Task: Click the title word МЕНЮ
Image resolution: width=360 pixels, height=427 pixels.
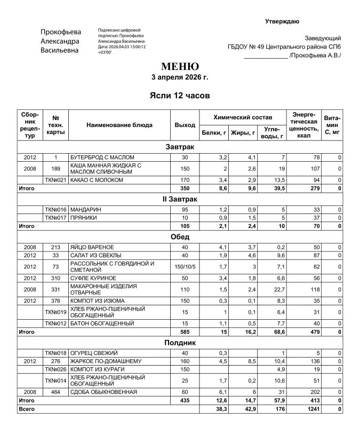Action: (180, 67)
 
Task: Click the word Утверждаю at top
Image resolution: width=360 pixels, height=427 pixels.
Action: (282, 21)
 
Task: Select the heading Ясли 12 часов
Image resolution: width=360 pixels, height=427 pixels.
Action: (180, 96)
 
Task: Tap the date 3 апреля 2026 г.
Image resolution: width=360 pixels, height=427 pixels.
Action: (180, 77)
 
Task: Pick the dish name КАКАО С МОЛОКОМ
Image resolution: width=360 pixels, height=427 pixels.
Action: (97, 180)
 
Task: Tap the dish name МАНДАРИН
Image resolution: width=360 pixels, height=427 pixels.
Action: (85, 210)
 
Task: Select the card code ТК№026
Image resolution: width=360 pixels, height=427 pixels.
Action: (55, 369)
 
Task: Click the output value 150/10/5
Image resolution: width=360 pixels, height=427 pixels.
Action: (185, 266)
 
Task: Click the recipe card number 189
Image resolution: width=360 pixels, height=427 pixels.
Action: (55, 169)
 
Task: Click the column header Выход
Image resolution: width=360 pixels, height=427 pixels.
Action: (185, 125)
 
